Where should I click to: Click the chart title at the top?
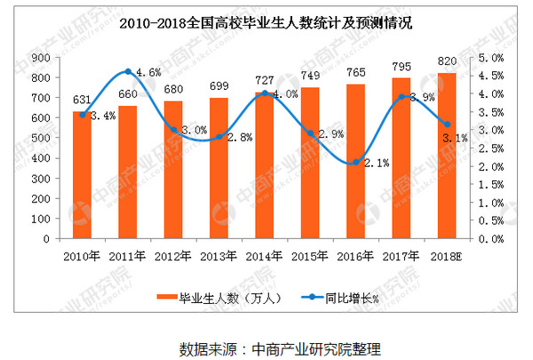coord(266,21)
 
